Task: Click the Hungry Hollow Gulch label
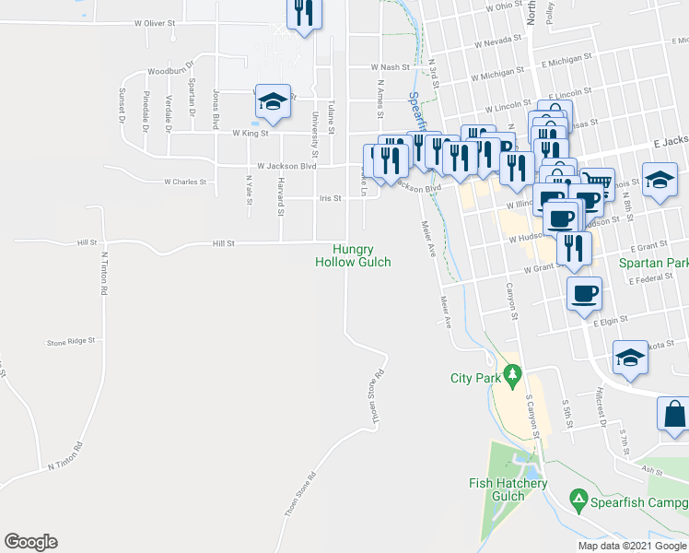(353, 255)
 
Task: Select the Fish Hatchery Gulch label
(508, 489)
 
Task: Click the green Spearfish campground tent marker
(578, 501)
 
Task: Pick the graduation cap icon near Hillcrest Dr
(630, 358)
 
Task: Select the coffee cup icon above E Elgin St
(584, 295)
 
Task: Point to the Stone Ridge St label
(71, 342)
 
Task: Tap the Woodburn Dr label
(168, 70)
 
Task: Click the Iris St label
(330, 198)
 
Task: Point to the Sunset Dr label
(121, 104)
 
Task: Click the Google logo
(30, 542)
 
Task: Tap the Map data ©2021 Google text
(632, 546)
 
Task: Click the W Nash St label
(390, 67)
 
